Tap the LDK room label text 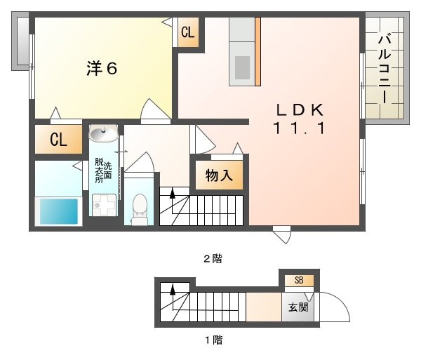298,110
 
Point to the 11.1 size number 298,128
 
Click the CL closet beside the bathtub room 58,140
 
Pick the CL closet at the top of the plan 188,32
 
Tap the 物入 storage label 219,175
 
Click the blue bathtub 58,211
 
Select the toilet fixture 140,208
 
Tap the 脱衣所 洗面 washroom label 102,170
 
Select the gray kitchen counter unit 243,51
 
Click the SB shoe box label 299,281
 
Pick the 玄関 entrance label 299,307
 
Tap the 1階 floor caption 213,340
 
